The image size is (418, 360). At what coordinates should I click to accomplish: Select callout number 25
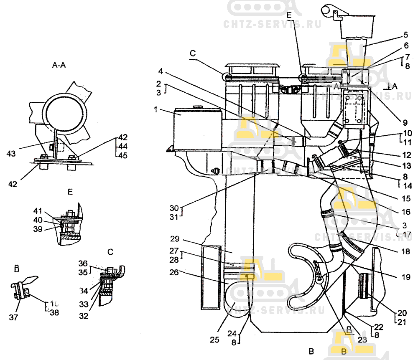(x=214, y=340)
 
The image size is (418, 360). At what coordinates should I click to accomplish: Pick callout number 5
(x=405, y=35)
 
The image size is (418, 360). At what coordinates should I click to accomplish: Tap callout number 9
(x=405, y=123)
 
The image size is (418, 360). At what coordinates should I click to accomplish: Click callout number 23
(x=362, y=340)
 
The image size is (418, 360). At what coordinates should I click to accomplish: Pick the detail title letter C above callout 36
(x=110, y=252)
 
